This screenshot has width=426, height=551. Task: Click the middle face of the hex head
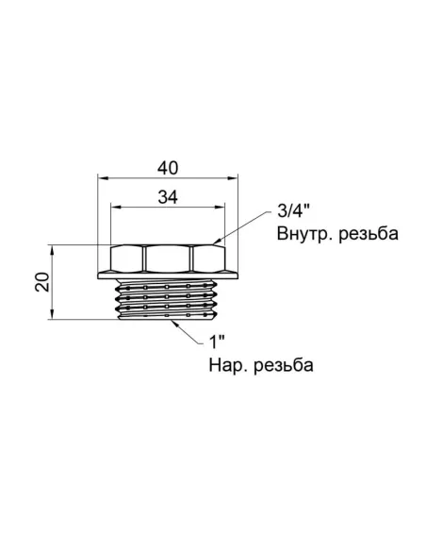(x=166, y=259)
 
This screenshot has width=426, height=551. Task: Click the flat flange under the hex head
(x=166, y=275)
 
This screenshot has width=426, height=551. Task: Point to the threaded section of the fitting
(x=166, y=300)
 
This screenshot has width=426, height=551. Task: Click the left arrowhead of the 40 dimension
(x=103, y=178)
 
